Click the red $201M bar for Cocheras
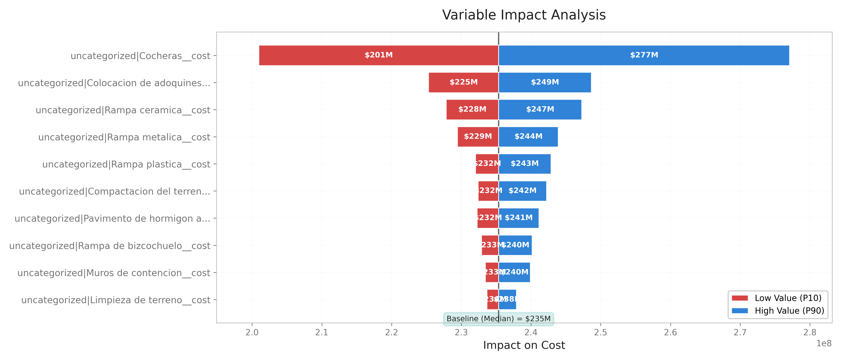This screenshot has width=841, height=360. pyautogui.click(x=379, y=55)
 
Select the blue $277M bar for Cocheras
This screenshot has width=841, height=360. pyautogui.click(x=644, y=55)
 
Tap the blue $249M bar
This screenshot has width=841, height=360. pyautogui.click(x=545, y=82)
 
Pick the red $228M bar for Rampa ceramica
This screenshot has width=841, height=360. pyautogui.click(x=472, y=109)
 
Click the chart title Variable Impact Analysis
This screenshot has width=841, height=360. pyautogui.click(x=524, y=15)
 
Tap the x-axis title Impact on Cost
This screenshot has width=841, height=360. pyautogui.click(x=524, y=345)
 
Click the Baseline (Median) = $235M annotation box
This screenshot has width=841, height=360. pyautogui.click(x=498, y=319)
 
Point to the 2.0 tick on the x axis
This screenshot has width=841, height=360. pyautogui.click(x=252, y=332)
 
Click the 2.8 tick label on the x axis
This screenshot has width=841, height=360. pyautogui.click(x=810, y=332)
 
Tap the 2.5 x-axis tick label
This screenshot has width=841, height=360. pyautogui.click(x=600, y=332)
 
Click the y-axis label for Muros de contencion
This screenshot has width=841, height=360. pyautogui.click(x=114, y=273)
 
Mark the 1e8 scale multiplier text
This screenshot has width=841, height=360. pyautogui.click(x=824, y=343)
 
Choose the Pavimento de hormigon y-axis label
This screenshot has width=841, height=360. pyautogui.click(x=112, y=219)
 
